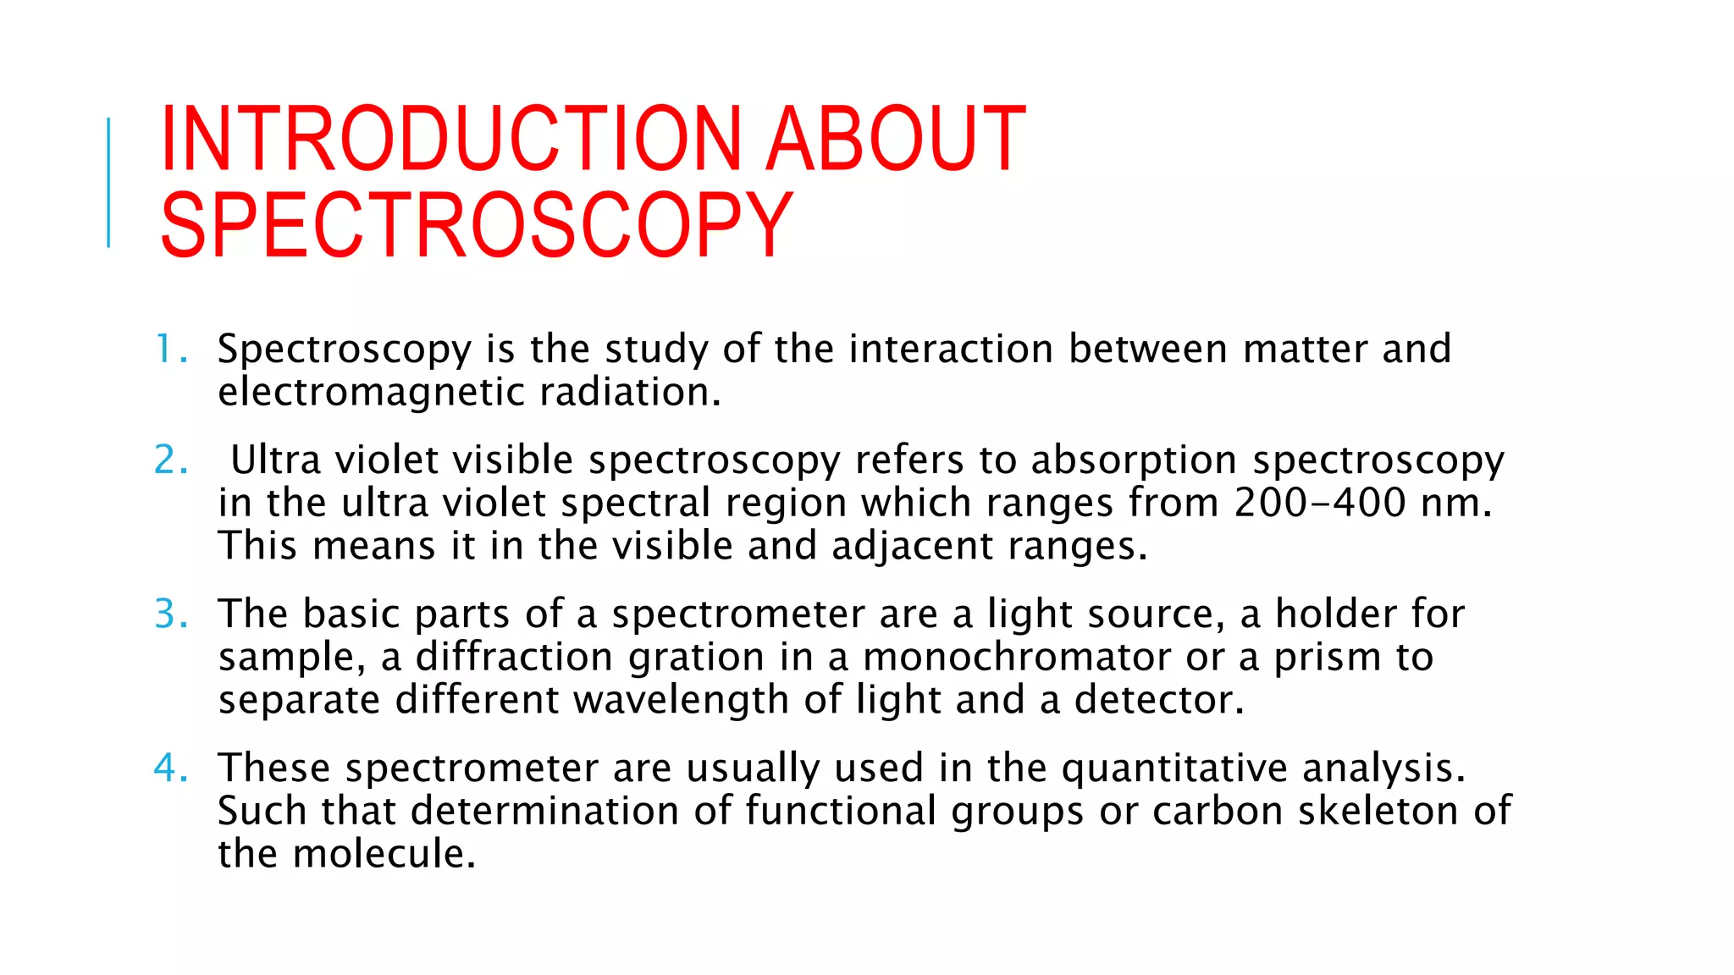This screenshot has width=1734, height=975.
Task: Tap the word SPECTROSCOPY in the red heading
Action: click(x=477, y=225)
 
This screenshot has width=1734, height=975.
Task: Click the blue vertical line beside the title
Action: click(x=108, y=183)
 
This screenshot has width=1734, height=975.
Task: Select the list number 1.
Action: click(x=168, y=349)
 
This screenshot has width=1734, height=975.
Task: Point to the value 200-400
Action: click(x=1320, y=503)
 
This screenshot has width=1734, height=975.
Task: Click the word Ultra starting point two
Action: click(x=275, y=460)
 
